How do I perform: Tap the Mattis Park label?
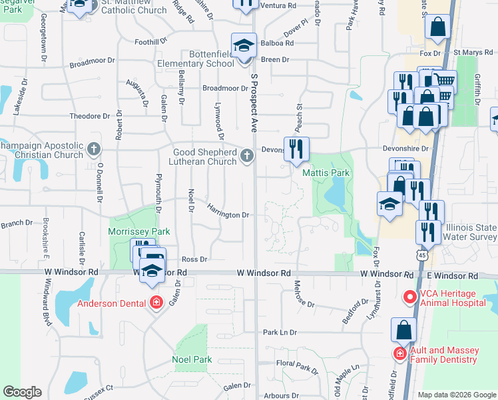pos(326,173)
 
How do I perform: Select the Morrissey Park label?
pos(139,231)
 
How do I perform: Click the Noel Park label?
pos(192,359)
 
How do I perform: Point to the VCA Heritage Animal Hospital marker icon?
pos(409,296)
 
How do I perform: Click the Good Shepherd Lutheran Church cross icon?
pos(247,157)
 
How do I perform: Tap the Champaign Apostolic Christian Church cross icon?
pos(94,148)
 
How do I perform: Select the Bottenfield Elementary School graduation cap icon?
pos(244,45)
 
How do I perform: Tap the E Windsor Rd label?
pos(454,275)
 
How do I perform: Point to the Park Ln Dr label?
pos(280,331)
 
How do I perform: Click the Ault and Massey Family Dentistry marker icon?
pos(400,353)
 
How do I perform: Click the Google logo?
pos(22,392)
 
